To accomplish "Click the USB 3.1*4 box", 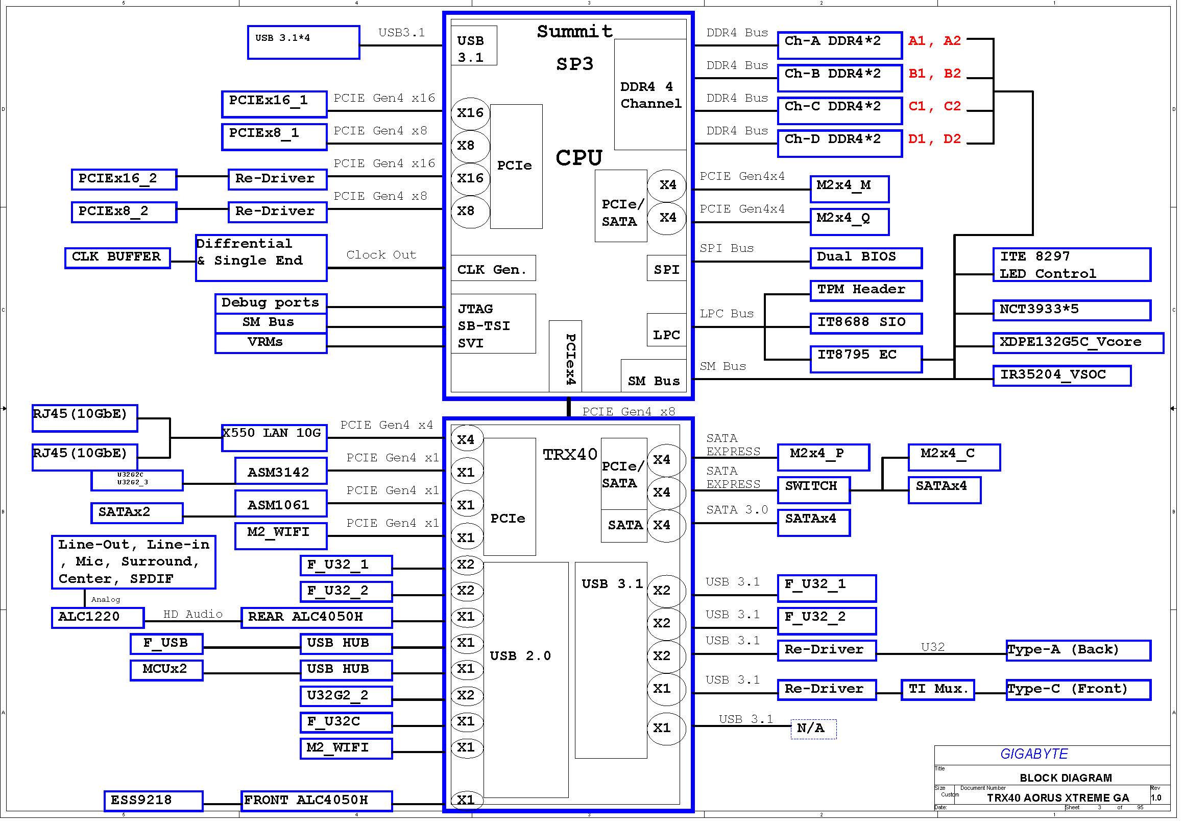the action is [303, 43].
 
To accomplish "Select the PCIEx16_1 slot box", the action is [274, 104].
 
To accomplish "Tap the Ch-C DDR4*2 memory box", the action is [839, 110].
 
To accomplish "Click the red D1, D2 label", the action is [934, 139].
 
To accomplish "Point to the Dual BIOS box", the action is [866, 258].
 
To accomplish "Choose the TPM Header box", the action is [866, 291].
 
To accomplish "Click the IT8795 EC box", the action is [866, 359].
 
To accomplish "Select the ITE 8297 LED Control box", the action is [1071, 265].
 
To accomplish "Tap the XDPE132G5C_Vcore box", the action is [1078, 343].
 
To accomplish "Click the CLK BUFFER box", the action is [117, 258].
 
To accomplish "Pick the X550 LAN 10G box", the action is [274, 438].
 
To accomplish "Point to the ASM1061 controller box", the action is [281, 503].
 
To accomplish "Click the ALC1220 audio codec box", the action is [98, 618].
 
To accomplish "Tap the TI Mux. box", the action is [938, 690].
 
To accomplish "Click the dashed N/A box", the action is [813, 729].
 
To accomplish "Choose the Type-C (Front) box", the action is [1078, 690].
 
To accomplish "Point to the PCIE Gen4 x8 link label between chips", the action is [628, 412].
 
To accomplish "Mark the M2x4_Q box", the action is [849, 222].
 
